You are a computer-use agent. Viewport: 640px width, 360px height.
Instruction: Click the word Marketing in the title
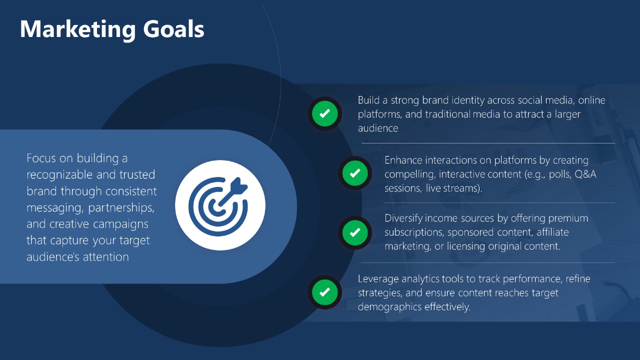[x=77, y=29]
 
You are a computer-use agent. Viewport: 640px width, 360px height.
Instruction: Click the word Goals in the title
[x=173, y=29]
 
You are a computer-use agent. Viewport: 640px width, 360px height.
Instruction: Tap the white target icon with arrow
[x=220, y=205]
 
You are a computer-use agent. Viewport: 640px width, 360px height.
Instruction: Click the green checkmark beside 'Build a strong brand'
[x=325, y=113]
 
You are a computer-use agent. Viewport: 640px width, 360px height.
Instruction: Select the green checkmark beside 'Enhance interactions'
[x=355, y=173]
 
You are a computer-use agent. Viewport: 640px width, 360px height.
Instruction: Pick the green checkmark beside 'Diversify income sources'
[x=355, y=232]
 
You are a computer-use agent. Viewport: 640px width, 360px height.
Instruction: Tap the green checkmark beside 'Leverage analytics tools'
[x=325, y=292]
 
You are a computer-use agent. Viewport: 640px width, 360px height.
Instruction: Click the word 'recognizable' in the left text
[x=59, y=175]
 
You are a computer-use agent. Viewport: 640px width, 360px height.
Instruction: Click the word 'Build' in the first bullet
[x=368, y=100]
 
